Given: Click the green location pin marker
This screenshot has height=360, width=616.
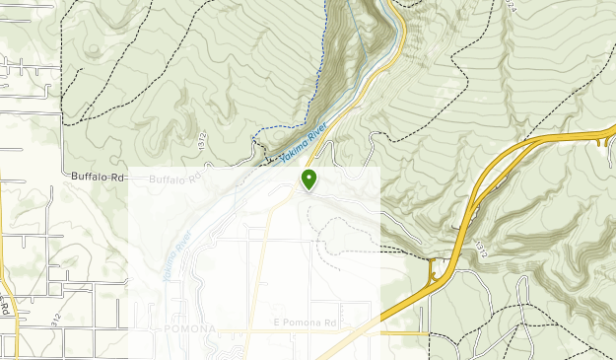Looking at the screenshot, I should point(309,179).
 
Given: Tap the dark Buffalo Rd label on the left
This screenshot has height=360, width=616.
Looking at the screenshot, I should point(100,177).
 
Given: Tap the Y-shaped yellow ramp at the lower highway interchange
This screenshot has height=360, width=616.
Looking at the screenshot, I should point(436,268).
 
